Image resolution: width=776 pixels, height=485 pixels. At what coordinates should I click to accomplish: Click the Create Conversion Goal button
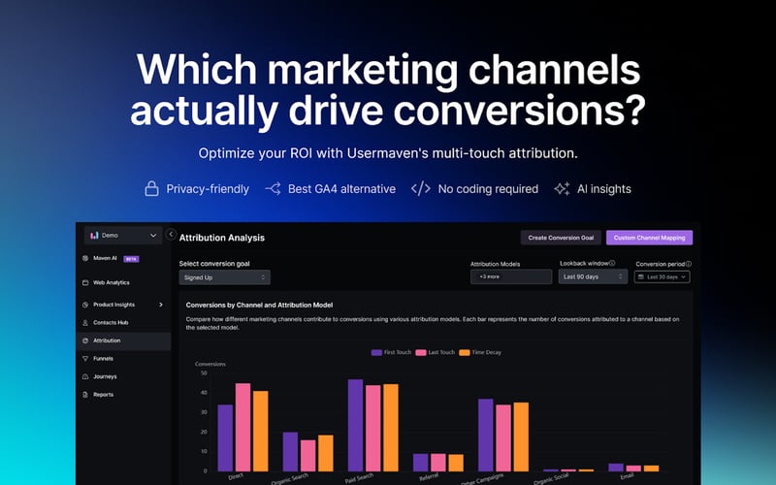(x=561, y=238)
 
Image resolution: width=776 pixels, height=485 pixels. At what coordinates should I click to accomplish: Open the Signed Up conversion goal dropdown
(x=224, y=277)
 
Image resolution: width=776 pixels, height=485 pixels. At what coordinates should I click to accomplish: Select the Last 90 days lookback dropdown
(x=593, y=277)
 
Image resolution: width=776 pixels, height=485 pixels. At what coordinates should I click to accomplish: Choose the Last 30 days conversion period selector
(x=663, y=277)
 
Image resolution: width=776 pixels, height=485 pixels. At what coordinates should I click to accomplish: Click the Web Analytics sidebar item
(x=111, y=282)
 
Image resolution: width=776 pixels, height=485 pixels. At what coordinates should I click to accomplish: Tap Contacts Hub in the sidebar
(x=111, y=322)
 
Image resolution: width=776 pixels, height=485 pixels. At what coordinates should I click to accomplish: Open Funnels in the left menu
(x=103, y=358)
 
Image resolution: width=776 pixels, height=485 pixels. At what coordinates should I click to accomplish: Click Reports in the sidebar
(x=103, y=394)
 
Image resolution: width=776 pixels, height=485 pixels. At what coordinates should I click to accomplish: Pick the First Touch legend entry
(x=391, y=352)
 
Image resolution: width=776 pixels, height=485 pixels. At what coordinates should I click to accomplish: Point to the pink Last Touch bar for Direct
(x=242, y=427)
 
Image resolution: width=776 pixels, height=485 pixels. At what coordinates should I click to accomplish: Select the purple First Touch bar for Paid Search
(x=355, y=425)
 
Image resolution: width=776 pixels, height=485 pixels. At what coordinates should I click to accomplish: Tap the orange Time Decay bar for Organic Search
(x=326, y=452)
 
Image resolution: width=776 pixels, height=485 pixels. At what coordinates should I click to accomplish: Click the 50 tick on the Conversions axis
(x=203, y=372)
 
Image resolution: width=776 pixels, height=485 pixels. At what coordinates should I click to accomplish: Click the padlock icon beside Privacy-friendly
(x=151, y=189)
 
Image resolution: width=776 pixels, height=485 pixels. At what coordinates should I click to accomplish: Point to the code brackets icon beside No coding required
(x=420, y=189)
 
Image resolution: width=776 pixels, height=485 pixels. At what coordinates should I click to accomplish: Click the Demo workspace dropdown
(x=123, y=235)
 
